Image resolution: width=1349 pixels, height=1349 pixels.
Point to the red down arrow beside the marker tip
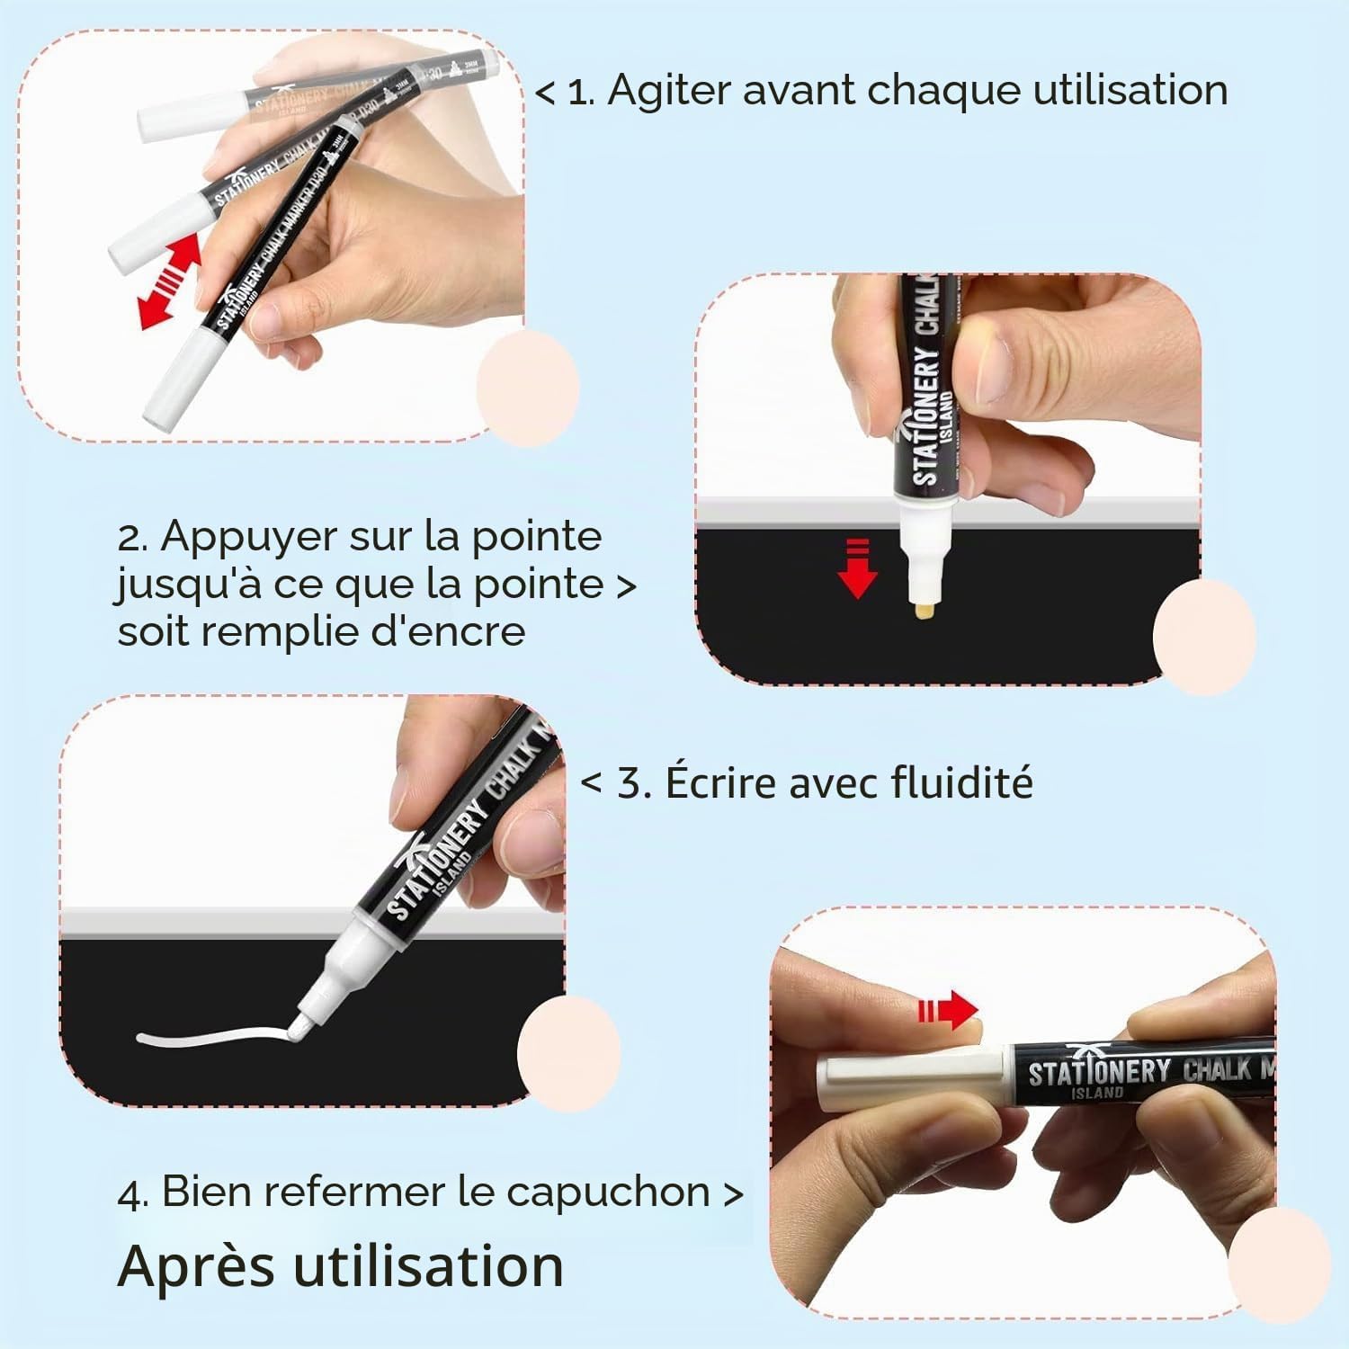[857, 568]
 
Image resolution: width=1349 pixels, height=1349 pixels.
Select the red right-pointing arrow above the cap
[948, 1012]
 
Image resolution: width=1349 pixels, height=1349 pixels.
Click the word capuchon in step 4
[609, 1194]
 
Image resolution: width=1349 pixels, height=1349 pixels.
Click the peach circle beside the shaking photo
[528, 389]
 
